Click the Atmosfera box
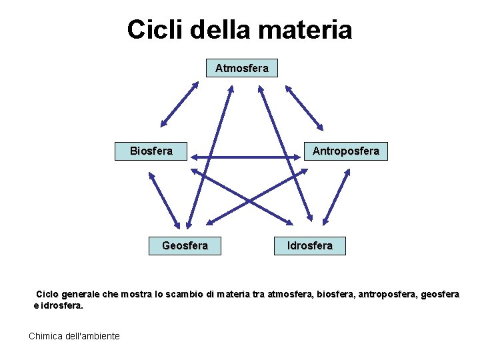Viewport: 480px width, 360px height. click(241, 68)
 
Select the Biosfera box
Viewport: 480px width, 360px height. click(151, 151)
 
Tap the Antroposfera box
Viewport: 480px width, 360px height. click(346, 151)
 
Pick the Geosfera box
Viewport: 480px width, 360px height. click(185, 246)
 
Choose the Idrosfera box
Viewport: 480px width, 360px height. click(309, 246)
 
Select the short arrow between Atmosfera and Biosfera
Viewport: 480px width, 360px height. click(179, 104)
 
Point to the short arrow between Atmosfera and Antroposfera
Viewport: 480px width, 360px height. click(304, 107)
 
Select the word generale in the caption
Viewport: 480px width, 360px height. click(83, 294)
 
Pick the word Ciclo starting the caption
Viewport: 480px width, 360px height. click(48, 294)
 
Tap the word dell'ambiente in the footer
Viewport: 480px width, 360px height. click(93, 336)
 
